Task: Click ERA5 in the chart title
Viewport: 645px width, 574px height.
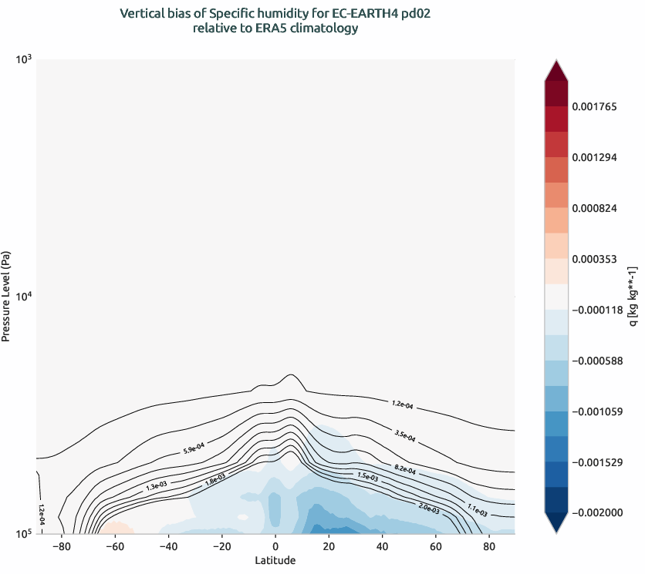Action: click(270, 29)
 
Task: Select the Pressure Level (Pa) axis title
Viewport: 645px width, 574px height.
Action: click(7, 296)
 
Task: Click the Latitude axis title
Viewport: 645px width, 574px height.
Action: click(275, 560)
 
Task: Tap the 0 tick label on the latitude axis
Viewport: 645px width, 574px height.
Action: click(275, 546)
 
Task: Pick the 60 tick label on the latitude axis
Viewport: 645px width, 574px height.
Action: click(435, 546)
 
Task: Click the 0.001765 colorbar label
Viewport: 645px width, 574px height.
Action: click(595, 106)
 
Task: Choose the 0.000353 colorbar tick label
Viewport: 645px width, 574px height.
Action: click(595, 259)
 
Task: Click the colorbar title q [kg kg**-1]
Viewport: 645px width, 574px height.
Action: click(633, 296)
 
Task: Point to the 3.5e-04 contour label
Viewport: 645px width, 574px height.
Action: click(404, 436)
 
